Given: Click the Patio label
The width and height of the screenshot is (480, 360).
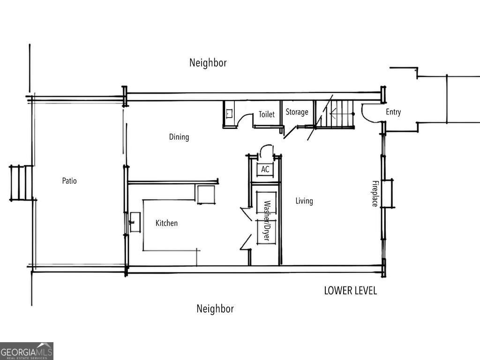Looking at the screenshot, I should [x=69, y=181].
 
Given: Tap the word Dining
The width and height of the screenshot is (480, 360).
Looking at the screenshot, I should [x=179, y=137].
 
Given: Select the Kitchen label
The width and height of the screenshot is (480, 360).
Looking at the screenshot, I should [x=166, y=223].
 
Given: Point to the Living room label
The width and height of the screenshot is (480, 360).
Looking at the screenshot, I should [x=304, y=201].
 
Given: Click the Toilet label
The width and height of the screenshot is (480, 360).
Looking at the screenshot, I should [x=267, y=114].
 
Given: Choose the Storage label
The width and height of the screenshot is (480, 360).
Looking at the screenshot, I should [x=297, y=112].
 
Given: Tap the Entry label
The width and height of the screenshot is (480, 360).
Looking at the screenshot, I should [x=393, y=112].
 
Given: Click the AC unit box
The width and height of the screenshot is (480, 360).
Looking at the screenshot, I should [x=265, y=170].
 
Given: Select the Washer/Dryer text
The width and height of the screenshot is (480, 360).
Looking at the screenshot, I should [x=266, y=221].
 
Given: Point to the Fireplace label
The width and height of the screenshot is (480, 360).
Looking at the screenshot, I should [x=375, y=194].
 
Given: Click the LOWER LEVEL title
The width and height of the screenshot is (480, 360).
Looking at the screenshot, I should [x=350, y=291].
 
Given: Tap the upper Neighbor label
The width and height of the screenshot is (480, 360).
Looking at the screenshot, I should [x=208, y=63].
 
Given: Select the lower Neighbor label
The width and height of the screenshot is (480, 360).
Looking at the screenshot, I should [x=215, y=309].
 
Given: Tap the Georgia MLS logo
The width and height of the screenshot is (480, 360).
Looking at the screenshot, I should [x=27, y=351].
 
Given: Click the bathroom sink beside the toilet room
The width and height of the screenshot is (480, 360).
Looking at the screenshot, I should [x=229, y=113].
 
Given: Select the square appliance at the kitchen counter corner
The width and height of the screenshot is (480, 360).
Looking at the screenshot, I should [x=205, y=195].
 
